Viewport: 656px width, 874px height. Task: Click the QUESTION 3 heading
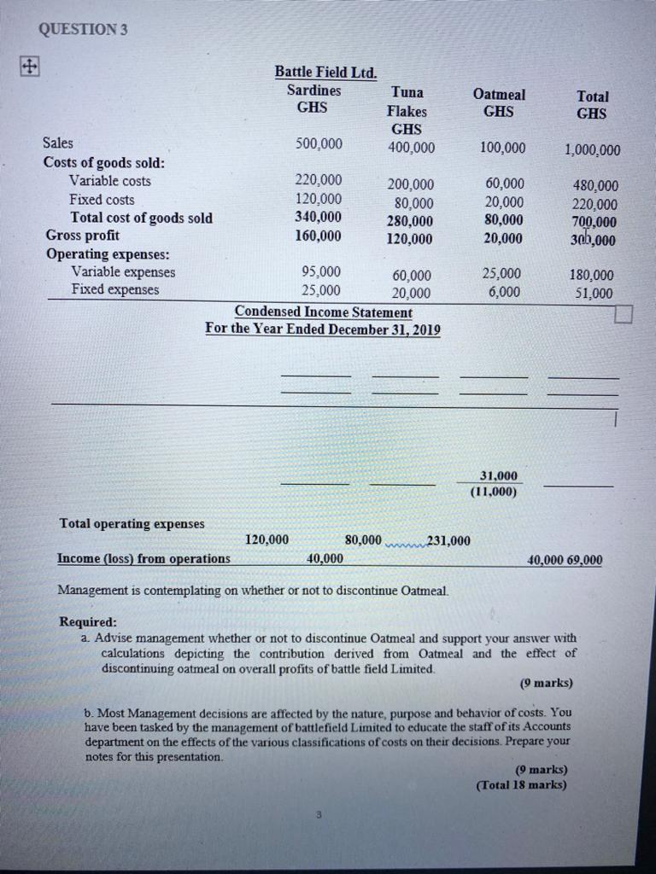coord(82,29)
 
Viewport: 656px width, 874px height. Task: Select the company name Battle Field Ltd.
coord(325,73)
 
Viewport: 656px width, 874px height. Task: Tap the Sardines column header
coord(313,90)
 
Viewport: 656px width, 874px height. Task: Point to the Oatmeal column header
coord(499,95)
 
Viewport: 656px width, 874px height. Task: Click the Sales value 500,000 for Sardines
coord(318,143)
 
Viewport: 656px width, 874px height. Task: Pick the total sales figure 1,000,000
coord(592,151)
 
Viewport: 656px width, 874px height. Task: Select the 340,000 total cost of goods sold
coord(318,217)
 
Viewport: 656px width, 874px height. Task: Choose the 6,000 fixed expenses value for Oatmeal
coord(504,291)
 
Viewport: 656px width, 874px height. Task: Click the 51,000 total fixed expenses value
coord(591,294)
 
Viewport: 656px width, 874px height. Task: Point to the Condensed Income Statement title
coord(323,312)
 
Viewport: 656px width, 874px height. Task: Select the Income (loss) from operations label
coord(143,558)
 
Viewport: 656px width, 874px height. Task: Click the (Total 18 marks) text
coord(521,785)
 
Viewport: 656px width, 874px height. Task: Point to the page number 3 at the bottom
coord(317,816)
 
